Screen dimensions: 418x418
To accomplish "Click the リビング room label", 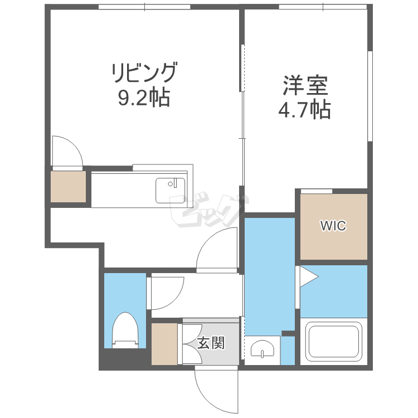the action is (x=144, y=72).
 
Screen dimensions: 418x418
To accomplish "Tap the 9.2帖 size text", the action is (x=144, y=98).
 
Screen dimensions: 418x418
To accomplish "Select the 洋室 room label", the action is (x=305, y=86).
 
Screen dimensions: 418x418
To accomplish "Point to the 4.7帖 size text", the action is (x=304, y=109).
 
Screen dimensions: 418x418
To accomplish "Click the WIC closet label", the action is (x=333, y=226).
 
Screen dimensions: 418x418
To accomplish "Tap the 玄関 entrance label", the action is (x=211, y=343).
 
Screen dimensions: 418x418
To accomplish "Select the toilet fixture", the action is (x=125, y=330).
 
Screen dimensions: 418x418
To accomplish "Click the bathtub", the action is (x=334, y=341).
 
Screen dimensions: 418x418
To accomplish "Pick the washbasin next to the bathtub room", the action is (x=263, y=349).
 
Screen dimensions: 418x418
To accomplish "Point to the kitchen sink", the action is (x=171, y=191).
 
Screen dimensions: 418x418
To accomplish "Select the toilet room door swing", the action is (x=177, y=300).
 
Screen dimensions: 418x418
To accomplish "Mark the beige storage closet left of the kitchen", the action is (x=68, y=186).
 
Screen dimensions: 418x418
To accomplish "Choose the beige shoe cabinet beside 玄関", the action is (x=164, y=344).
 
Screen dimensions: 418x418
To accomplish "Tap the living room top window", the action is (x=144, y=7).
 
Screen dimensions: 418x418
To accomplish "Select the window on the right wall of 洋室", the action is (x=370, y=96).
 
